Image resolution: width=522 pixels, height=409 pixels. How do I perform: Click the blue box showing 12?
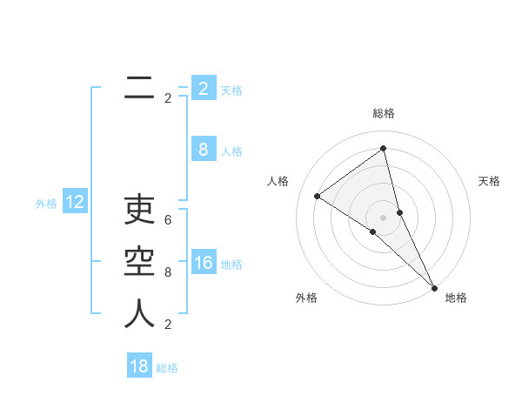(x=75, y=203)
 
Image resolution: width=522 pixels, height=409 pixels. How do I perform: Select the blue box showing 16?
(x=204, y=263)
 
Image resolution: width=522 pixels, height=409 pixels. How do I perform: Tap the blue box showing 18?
(x=139, y=366)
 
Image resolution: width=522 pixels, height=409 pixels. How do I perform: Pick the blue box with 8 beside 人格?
(x=204, y=150)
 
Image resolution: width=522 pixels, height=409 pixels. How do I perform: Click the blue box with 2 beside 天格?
(x=204, y=88)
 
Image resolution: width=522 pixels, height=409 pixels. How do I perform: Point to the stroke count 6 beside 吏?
(x=168, y=220)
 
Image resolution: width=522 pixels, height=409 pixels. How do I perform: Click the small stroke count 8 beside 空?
(x=168, y=272)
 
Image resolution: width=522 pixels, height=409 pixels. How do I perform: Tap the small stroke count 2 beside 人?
(x=168, y=325)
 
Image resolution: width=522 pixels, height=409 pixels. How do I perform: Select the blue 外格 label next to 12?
(x=46, y=204)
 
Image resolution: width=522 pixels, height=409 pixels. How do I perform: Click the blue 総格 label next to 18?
(x=167, y=368)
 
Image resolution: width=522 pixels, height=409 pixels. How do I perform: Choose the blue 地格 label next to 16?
(x=231, y=265)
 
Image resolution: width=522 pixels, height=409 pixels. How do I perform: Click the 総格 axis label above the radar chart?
(x=384, y=113)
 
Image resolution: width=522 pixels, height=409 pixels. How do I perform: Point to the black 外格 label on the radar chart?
(x=306, y=298)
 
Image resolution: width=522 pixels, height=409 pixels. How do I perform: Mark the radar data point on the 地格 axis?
(x=433, y=286)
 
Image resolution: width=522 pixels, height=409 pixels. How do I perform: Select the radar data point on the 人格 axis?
(x=317, y=196)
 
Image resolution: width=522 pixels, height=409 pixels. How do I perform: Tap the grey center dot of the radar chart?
(x=383, y=217)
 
